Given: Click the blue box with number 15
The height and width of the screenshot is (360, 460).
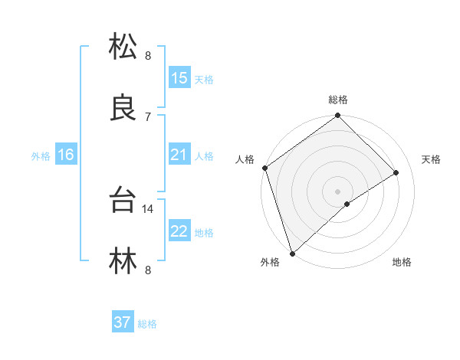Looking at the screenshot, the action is (179, 78).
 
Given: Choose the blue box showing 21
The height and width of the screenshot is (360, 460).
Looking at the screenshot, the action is (179, 155).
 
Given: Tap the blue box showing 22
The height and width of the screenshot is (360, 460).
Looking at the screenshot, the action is (179, 231).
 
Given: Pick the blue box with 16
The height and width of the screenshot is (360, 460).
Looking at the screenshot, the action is (66, 155).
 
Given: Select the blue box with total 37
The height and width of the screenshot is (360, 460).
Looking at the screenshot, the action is (123, 322).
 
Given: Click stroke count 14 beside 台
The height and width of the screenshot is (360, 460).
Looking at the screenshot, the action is (149, 208).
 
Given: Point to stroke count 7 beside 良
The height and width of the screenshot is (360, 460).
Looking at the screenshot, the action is (148, 116).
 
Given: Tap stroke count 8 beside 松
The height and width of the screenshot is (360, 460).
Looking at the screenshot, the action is (148, 55).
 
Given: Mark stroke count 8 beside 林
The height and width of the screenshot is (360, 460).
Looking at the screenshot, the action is (148, 270).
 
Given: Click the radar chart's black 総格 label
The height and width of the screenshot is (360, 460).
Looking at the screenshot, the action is (338, 100).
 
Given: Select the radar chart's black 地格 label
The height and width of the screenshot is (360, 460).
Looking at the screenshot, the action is (402, 263).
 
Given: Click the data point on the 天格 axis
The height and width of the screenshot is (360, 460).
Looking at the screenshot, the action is (396, 172).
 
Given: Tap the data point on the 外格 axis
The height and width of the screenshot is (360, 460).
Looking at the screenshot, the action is (291, 253).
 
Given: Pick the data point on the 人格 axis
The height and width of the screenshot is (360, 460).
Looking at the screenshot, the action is (264, 168).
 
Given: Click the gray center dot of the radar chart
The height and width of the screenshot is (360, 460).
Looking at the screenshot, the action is (337, 191).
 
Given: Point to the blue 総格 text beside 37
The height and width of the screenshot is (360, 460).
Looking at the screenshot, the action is (147, 324).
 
